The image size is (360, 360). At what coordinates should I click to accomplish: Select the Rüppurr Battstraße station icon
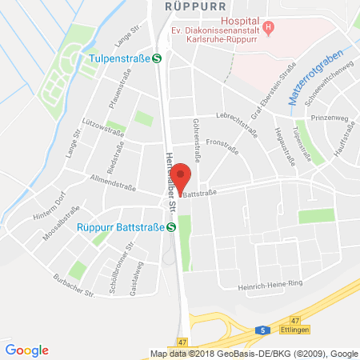[172, 226]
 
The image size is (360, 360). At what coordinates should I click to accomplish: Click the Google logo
[27, 350]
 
